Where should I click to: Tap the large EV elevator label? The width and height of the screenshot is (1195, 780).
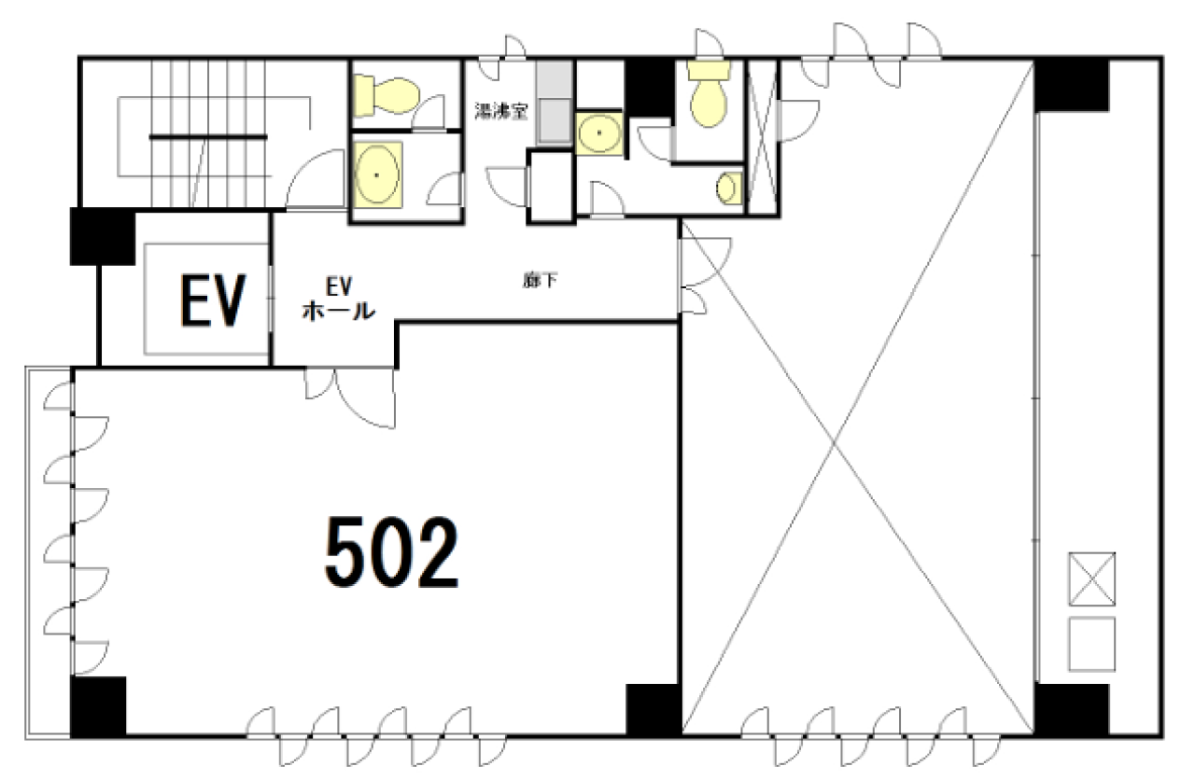click(x=213, y=299)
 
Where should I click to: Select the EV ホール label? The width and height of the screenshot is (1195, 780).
click(x=339, y=299)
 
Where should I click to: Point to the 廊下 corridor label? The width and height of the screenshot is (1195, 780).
click(x=540, y=280)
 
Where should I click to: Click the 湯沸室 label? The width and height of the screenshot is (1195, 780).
click(x=501, y=111)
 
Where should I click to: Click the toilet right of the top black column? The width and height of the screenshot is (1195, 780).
click(x=709, y=94)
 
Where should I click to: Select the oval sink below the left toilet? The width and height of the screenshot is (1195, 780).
click(x=377, y=174)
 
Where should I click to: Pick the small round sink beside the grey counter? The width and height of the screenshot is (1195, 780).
click(x=599, y=132)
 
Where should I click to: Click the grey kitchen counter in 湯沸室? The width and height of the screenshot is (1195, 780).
click(x=555, y=103)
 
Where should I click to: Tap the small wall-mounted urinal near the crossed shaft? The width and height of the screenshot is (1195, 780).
click(x=729, y=188)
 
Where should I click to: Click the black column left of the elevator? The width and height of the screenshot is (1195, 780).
click(x=103, y=236)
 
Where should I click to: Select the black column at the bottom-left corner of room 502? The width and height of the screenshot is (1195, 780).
click(x=98, y=706)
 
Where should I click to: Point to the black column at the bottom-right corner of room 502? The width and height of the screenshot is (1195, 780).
click(x=653, y=710)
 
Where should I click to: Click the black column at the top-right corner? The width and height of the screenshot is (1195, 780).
click(x=1071, y=85)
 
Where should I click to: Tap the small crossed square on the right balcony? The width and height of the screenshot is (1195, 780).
click(x=1091, y=578)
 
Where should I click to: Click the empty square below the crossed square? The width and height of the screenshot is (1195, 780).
click(x=1091, y=644)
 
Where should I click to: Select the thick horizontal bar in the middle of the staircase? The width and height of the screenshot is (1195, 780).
click(x=208, y=137)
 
